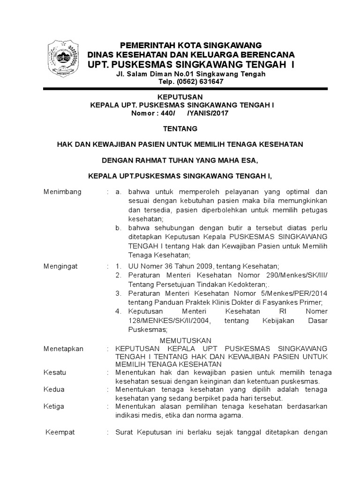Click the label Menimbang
coord(62,192)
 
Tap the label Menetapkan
coord(63,349)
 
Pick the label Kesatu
coord(55,372)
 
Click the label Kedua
coord(54,389)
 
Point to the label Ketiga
coord(54,406)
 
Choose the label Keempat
coord(60,432)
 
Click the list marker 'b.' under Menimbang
coord(119,228)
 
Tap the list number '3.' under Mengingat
coord(119,293)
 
